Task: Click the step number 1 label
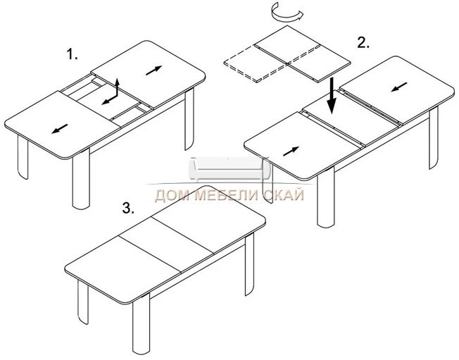click(73, 54)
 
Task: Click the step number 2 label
click(363, 43)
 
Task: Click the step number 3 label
click(128, 208)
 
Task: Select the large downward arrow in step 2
click(332, 96)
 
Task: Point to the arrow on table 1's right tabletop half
click(154, 70)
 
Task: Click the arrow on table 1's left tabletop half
click(59, 129)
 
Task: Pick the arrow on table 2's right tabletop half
click(399, 87)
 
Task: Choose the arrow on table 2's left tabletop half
click(291, 151)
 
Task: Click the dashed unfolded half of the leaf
click(256, 63)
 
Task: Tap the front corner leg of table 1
click(81, 179)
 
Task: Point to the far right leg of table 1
click(189, 119)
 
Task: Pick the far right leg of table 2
click(434, 137)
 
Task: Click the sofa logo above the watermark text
click(229, 169)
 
